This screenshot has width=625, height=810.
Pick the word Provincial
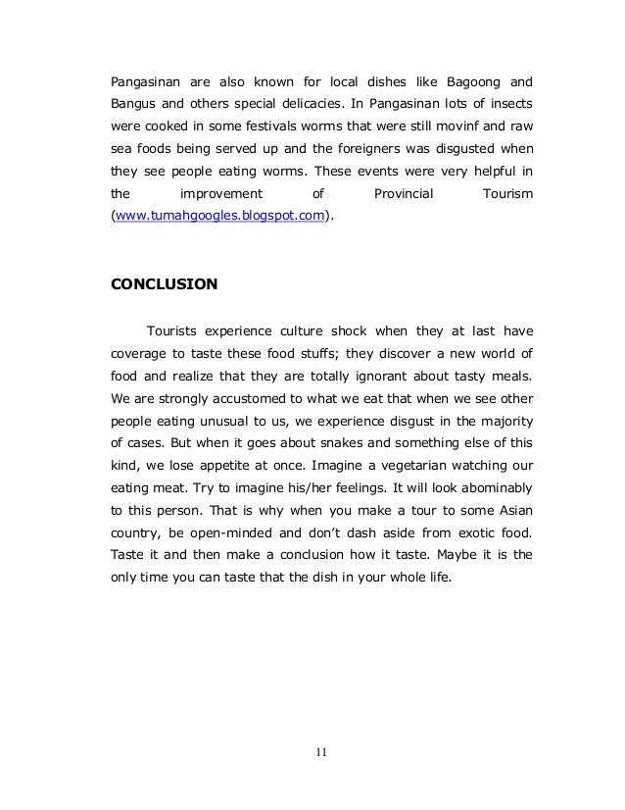404,195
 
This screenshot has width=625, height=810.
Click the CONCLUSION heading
164,284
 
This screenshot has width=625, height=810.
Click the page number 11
321,753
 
